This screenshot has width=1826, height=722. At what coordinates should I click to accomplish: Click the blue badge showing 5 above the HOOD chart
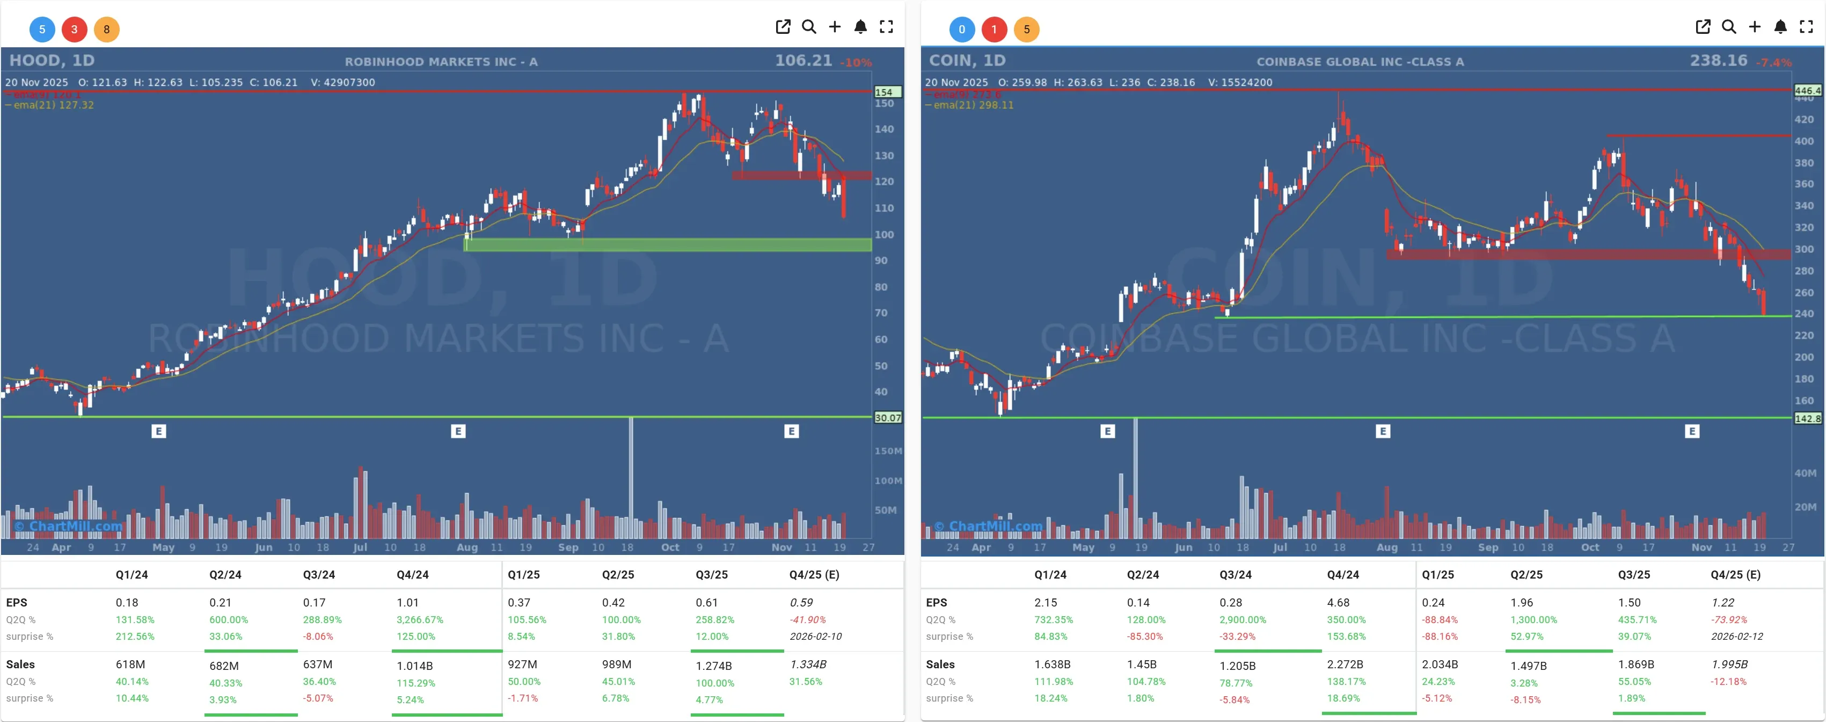[42, 29]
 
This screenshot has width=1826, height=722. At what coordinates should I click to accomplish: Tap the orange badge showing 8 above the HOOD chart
[106, 29]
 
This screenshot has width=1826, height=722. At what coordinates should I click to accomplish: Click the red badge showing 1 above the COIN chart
[994, 29]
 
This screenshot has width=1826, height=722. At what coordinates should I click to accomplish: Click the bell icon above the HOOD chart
[860, 27]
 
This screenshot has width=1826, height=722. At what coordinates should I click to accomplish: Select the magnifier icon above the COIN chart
[1728, 27]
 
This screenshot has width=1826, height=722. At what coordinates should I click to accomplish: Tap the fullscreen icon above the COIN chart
[1806, 27]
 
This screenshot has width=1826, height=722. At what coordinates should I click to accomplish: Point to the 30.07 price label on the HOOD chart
[887, 418]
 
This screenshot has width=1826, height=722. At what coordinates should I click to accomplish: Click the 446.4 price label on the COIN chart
[1807, 91]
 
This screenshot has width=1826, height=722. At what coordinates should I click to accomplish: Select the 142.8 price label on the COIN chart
[1807, 418]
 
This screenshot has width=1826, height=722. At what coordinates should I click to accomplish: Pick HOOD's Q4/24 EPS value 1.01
[407, 602]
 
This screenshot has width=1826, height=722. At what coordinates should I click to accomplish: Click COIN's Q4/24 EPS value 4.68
[1338, 602]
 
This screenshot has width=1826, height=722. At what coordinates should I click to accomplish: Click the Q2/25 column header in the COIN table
[1525, 574]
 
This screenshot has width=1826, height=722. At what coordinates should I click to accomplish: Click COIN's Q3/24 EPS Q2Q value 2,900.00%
[1242, 619]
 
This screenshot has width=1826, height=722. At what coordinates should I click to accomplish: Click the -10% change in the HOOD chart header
[856, 62]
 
